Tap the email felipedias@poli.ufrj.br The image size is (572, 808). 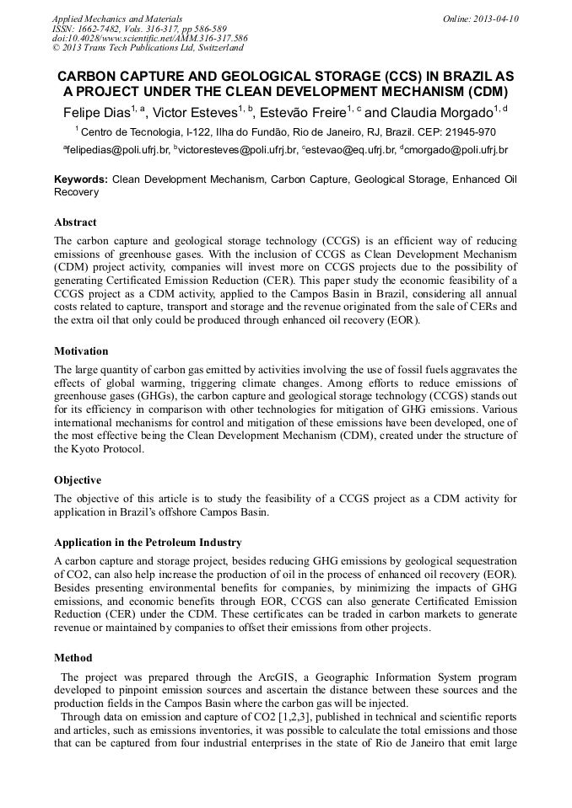[x=116, y=150]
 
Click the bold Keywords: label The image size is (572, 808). [x=81, y=179]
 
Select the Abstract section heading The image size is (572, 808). [x=75, y=222]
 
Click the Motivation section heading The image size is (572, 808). [x=81, y=350]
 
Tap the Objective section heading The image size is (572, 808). [x=78, y=479]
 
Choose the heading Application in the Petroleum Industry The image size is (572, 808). [x=148, y=542]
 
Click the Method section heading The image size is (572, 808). [x=73, y=657]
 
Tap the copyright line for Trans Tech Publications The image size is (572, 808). [x=148, y=48]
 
